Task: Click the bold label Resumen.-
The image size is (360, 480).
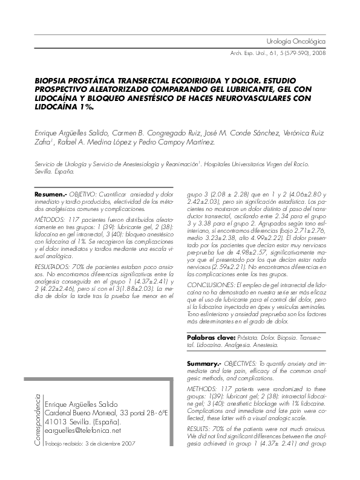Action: [x=51, y=193]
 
